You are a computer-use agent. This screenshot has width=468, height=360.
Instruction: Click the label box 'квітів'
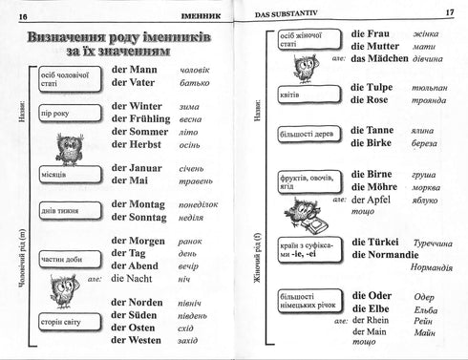click(x=287, y=95)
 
